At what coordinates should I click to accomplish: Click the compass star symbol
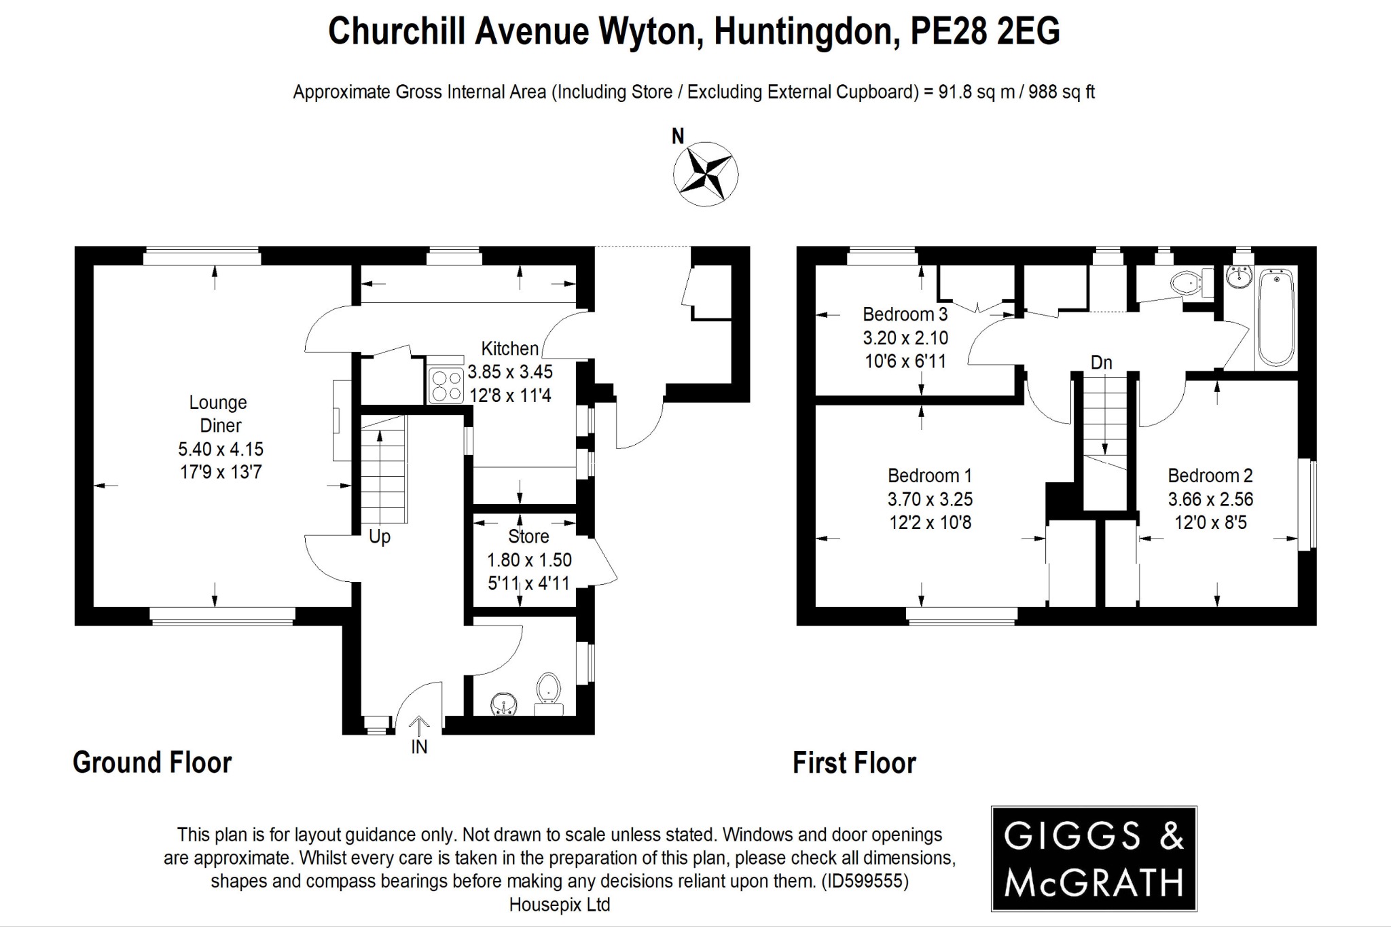click(x=705, y=174)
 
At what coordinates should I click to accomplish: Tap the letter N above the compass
click(x=677, y=137)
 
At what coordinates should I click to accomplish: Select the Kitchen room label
click(x=509, y=348)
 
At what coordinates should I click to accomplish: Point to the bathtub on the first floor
click(x=1276, y=317)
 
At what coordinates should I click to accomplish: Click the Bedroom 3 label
click(x=905, y=314)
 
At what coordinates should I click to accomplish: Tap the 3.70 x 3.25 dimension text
click(x=930, y=499)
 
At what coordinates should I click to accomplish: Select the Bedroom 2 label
click(x=1210, y=475)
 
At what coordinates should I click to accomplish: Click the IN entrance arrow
click(x=419, y=728)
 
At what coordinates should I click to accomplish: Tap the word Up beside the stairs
click(x=380, y=537)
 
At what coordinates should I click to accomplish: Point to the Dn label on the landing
click(x=1101, y=363)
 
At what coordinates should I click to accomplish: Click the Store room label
click(x=528, y=537)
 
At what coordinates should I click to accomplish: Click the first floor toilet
click(x=1187, y=283)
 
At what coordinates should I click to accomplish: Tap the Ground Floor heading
click(x=152, y=763)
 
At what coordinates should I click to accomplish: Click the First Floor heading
click(x=854, y=763)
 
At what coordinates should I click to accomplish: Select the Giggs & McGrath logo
click(x=1094, y=858)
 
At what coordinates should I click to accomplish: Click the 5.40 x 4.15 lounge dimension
click(x=221, y=449)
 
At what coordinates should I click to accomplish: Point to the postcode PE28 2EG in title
click(x=984, y=31)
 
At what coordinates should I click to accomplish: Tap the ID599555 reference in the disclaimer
click(x=864, y=881)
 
